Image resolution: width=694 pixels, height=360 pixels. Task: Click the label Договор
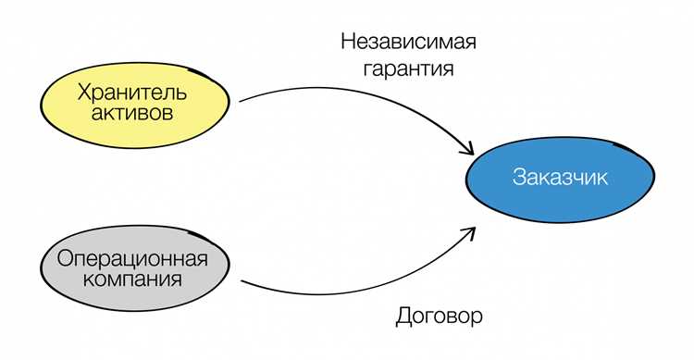(x=439, y=316)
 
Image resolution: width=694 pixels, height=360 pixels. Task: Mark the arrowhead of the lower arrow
(x=470, y=230)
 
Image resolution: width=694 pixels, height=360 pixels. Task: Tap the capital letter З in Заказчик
(x=518, y=178)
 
